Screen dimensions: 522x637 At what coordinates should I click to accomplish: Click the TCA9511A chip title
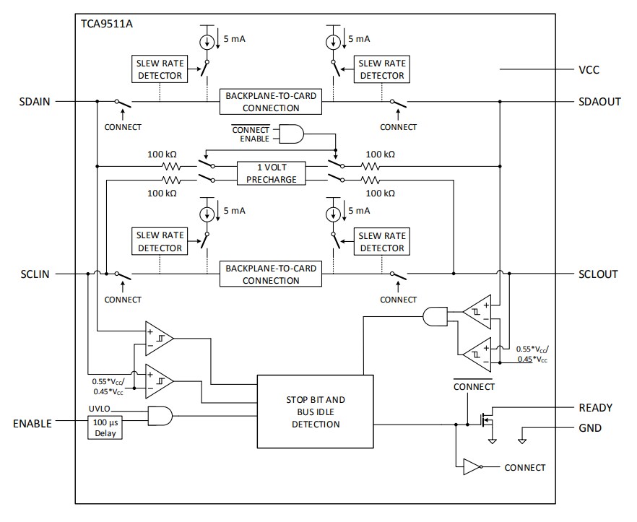(107, 23)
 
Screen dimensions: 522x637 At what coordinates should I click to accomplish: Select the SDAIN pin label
(35, 102)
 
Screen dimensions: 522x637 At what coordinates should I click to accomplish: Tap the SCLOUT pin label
(598, 274)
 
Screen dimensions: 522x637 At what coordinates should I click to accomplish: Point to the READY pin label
(595, 408)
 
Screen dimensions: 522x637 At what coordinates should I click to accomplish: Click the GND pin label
(590, 427)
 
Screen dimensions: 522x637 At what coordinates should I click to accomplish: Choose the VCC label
(589, 70)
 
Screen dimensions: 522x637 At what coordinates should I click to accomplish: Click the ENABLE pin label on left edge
(33, 424)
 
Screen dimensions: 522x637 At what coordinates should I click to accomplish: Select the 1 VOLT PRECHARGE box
(271, 173)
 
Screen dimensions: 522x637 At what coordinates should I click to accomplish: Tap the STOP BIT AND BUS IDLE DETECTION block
(316, 412)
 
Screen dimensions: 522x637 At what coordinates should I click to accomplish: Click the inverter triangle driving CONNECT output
(471, 467)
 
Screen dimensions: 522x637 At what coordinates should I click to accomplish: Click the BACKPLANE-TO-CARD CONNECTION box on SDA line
(271, 102)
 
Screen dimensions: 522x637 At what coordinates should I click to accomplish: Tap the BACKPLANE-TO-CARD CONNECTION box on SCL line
(271, 274)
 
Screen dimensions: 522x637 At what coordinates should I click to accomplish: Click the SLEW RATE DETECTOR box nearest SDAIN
(160, 69)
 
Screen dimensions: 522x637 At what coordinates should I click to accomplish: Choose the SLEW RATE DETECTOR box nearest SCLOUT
(382, 242)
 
